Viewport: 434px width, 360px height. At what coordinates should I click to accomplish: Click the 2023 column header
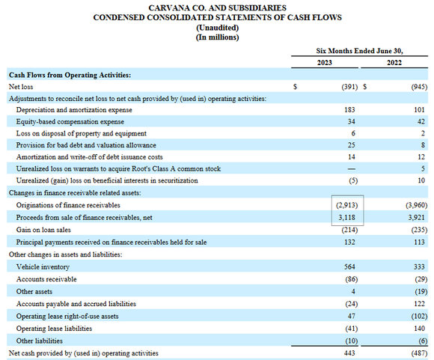[327, 63]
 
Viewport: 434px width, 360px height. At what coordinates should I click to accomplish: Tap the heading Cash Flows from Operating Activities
[69, 75]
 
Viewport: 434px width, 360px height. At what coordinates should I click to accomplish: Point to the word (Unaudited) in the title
[217, 26]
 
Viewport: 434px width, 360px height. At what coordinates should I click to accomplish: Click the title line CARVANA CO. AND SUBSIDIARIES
[217, 6]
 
